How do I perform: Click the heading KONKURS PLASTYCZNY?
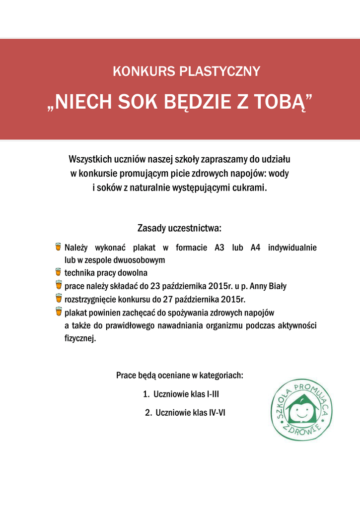[x=186, y=71]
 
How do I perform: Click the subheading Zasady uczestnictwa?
[x=179, y=229]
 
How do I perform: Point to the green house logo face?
[x=301, y=410]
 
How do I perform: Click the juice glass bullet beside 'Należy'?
[x=58, y=247]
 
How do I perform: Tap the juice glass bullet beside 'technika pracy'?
[x=58, y=272]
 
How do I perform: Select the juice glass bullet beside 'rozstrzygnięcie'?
[x=58, y=299]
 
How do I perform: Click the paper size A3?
[x=220, y=247]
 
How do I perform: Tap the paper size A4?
[x=255, y=247]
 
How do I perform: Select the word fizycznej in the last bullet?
[x=80, y=338]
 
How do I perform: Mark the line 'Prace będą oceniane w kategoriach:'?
[x=180, y=375]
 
